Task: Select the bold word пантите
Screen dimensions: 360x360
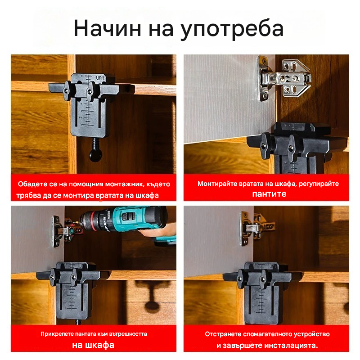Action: (269, 194)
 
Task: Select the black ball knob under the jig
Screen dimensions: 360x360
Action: (95, 155)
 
